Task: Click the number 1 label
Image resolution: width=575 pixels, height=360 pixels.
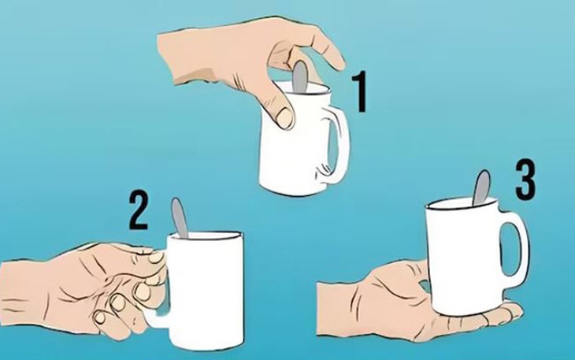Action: (x=358, y=91)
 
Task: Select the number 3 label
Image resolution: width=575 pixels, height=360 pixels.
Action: (x=525, y=180)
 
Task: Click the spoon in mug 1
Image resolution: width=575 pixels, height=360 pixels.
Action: (x=300, y=76)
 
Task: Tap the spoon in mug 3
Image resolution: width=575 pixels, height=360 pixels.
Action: (x=480, y=187)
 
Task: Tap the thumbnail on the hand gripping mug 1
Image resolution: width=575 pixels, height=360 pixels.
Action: (x=284, y=117)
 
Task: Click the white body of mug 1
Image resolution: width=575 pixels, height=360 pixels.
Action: (x=291, y=150)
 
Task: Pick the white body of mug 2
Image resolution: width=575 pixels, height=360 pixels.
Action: (x=205, y=291)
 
